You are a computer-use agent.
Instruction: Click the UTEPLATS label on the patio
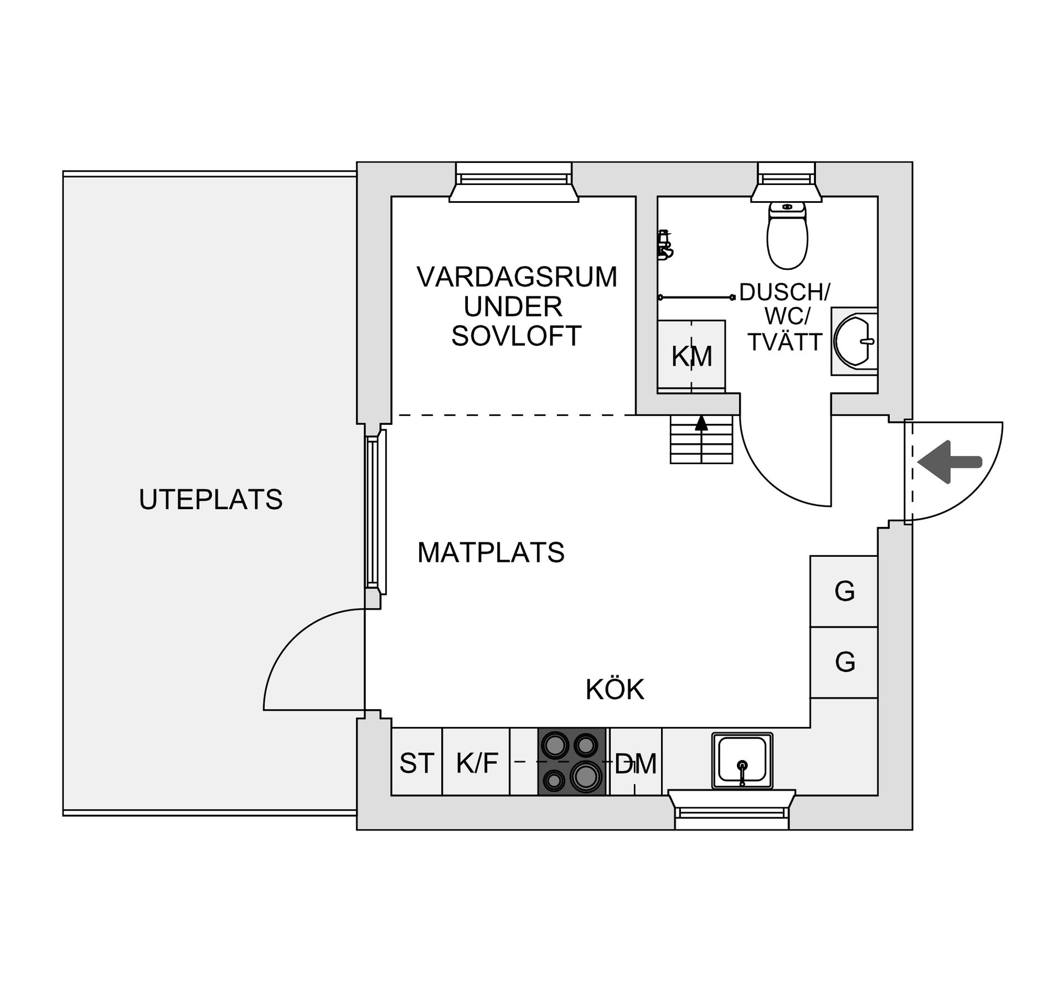[210, 500]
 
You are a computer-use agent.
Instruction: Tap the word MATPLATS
[491, 552]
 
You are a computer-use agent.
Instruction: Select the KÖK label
[615, 690]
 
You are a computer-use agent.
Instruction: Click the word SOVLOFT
[516, 336]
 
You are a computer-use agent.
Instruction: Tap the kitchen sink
[742, 760]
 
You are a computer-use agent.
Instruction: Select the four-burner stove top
[572, 762]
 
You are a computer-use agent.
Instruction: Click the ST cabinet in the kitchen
[416, 763]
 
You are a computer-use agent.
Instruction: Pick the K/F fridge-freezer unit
[477, 763]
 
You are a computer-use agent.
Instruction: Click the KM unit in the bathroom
[692, 356]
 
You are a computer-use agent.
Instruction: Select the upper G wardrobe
[844, 591]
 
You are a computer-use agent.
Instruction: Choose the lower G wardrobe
[844, 662]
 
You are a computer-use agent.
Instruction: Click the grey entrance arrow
[949, 461]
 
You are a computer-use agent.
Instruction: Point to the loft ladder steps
[701, 440]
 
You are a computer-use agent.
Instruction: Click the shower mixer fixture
[664, 245]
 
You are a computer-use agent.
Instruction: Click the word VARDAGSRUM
[517, 277]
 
